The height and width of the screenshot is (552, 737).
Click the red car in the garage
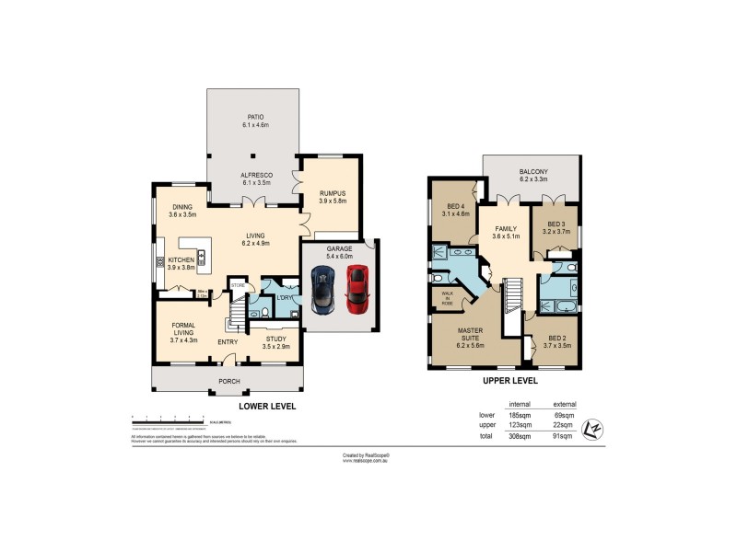point(357,289)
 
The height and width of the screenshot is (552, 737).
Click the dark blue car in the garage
point(323,289)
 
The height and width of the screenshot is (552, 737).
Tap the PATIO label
point(253,117)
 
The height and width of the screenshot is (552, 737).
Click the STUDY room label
point(275,339)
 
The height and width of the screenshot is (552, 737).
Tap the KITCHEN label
point(181,260)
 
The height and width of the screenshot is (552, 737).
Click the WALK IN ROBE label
point(446,297)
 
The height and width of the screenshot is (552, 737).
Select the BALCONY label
point(534,172)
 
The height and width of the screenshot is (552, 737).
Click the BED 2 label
point(557,339)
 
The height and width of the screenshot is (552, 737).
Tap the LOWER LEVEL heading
point(266,405)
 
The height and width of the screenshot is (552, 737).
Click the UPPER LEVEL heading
point(504,379)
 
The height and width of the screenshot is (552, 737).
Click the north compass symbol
point(595,428)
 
